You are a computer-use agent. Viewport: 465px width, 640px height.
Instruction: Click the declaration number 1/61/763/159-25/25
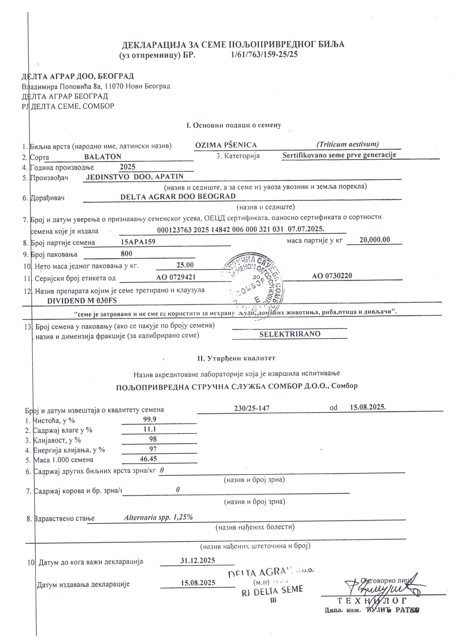[x=264, y=54]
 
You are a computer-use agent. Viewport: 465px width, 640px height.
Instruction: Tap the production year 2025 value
[x=127, y=167]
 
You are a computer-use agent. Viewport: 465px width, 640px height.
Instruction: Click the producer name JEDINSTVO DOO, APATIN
[x=134, y=177]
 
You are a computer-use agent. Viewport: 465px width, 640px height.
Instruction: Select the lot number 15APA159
[x=138, y=242]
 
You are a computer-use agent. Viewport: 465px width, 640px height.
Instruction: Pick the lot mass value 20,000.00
[x=375, y=239]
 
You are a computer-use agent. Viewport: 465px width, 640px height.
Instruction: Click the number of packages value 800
[x=126, y=253]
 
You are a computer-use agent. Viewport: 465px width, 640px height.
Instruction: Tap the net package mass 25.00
[x=185, y=265]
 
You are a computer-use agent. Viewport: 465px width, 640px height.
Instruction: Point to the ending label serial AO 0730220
[x=332, y=276]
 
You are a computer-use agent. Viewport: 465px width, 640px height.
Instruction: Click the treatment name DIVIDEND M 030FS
[x=82, y=300]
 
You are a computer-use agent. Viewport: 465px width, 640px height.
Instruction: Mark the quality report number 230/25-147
[x=252, y=408]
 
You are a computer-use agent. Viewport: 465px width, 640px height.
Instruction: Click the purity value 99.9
[x=150, y=419]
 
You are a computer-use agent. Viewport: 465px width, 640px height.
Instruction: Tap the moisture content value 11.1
[x=150, y=429]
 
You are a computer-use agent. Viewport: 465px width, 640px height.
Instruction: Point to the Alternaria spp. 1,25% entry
[x=158, y=517]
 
